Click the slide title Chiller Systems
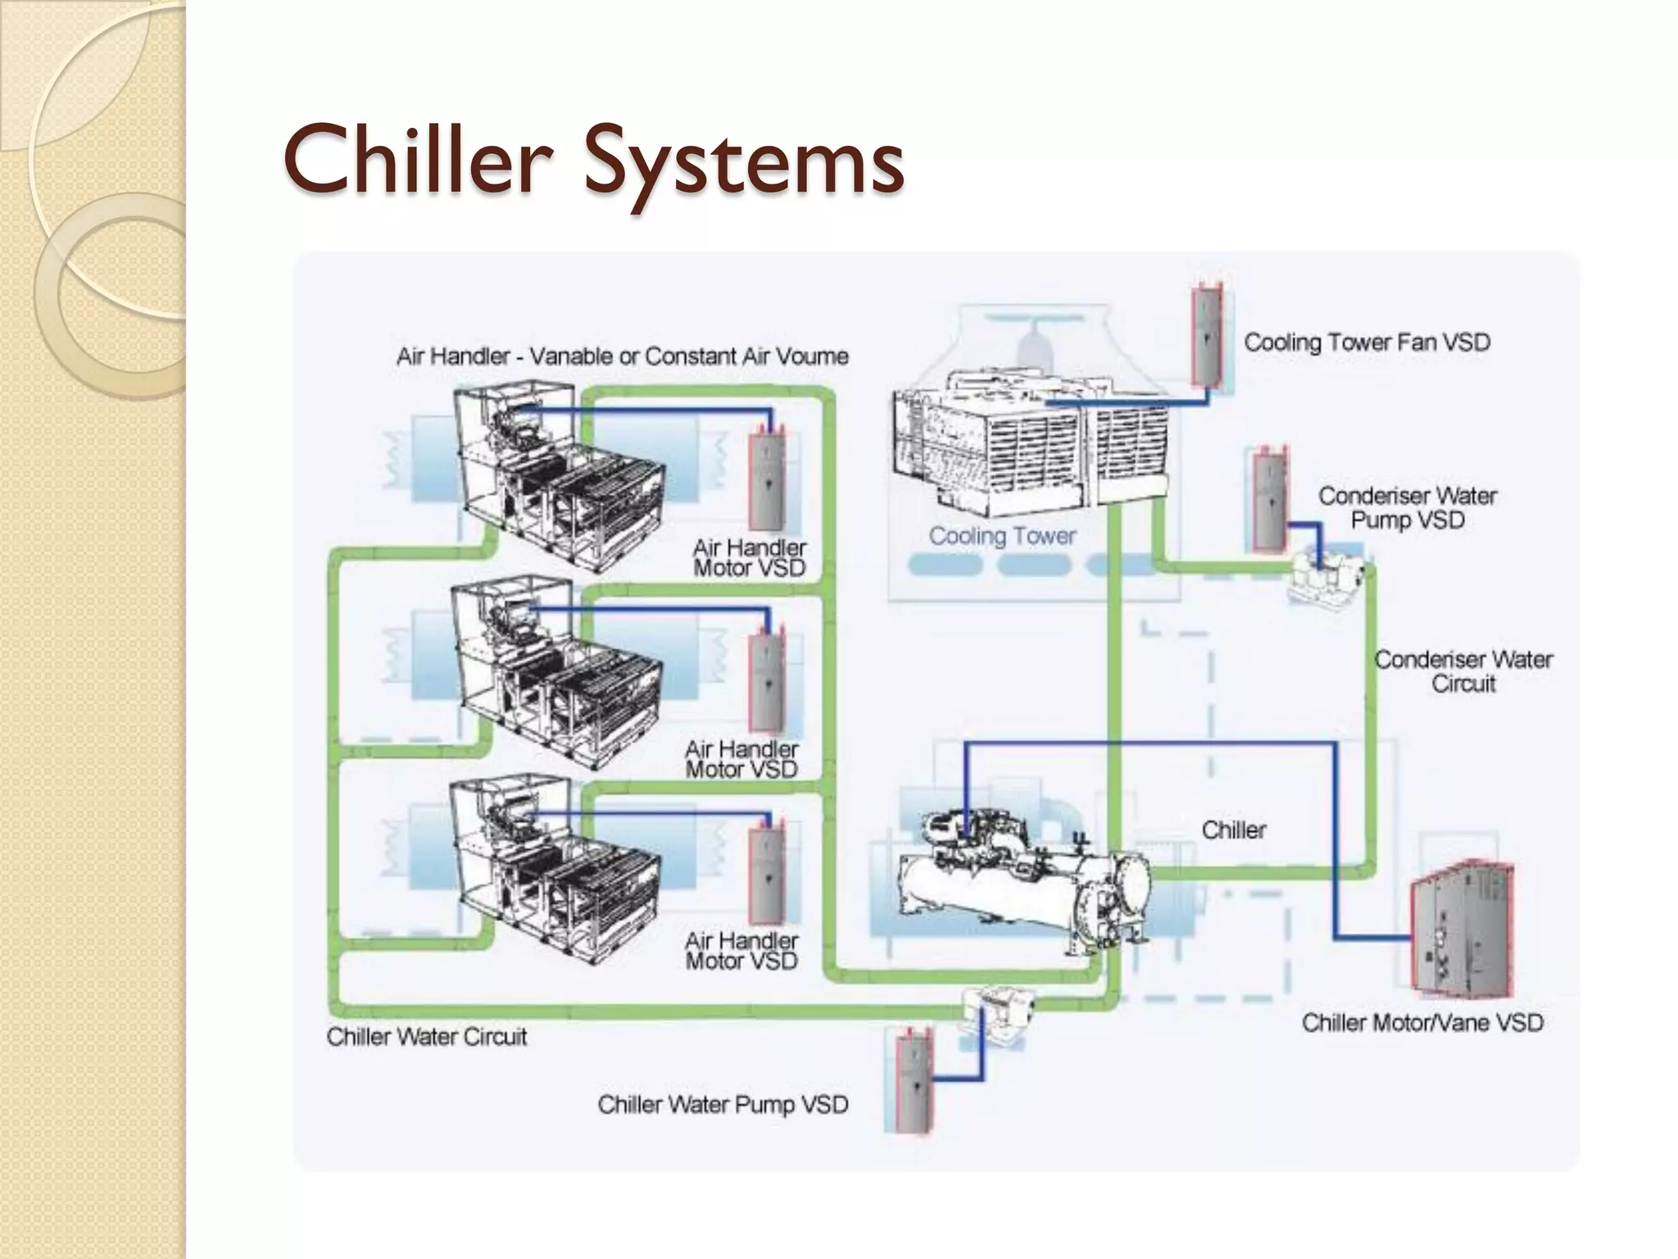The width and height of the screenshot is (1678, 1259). click(x=593, y=160)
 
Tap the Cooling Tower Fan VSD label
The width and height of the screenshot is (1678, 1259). click(x=1366, y=342)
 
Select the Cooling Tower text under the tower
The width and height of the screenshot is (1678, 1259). click(x=1001, y=536)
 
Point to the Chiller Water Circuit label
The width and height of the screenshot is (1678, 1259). click(x=426, y=1037)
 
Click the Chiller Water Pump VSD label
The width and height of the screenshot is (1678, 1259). click(x=723, y=1104)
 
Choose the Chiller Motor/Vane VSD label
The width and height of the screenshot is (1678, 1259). click(x=1422, y=1023)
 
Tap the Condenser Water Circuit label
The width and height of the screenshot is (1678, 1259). click(x=1463, y=671)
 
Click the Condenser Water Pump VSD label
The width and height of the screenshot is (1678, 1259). click(x=1407, y=507)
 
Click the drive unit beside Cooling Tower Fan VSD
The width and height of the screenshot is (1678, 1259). click(x=1207, y=335)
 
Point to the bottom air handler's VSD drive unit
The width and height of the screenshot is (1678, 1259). click(x=767, y=874)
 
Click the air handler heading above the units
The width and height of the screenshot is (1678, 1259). click(x=622, y=357)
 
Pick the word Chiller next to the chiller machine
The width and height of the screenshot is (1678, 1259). click(x=1233, y=830)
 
